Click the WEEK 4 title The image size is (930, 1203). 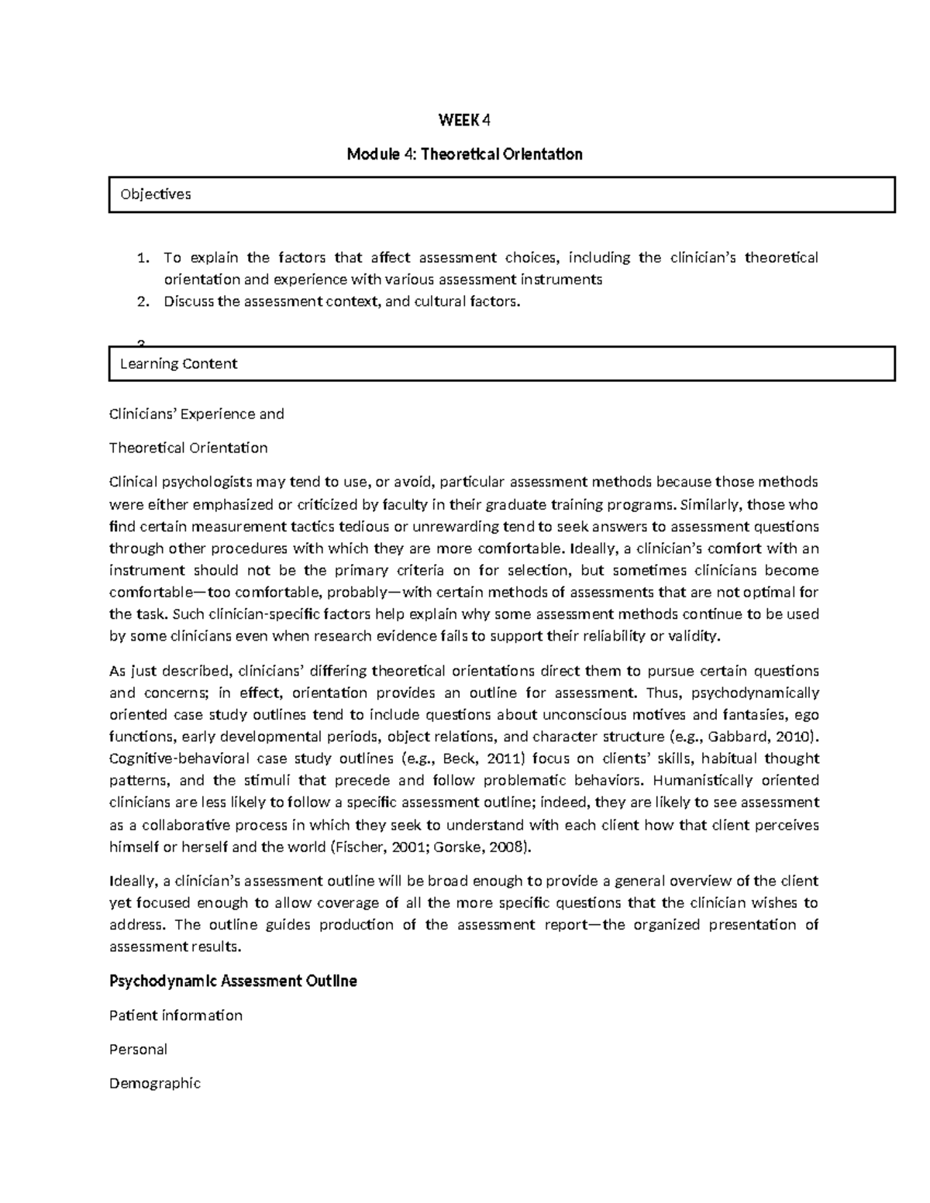464,120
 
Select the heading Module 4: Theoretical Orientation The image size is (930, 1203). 464,154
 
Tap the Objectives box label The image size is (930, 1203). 155,194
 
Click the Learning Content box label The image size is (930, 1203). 178,364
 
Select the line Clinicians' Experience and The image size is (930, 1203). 196,414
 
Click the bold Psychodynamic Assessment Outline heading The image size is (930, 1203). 232,981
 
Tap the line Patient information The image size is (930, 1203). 175,1016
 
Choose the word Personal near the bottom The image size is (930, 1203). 138,1050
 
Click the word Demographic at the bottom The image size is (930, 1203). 154,1084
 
